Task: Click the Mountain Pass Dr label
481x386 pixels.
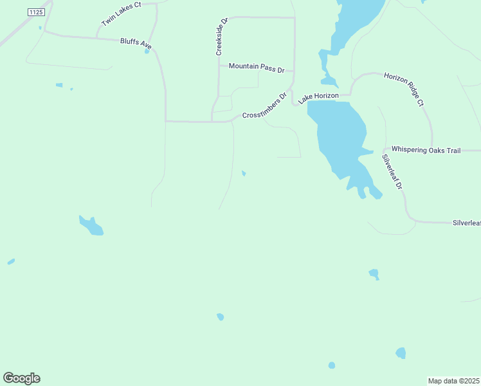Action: tap(257, 66)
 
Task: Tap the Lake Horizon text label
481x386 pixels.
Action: tap(318, 96)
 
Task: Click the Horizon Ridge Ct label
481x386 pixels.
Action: tap(405, 89)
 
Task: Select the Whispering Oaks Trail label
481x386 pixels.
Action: tap(426, 151)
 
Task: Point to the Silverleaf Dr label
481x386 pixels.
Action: tap(391, 171)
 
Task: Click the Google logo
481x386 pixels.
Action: tap(21, 378)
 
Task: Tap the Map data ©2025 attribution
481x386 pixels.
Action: tap(454, 381)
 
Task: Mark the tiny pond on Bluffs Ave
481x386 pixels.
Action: tap(147, 51)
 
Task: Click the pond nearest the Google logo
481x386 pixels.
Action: tap(11, 262)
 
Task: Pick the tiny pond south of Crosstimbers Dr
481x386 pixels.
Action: tap(243, 173)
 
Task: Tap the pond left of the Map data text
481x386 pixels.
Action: tap(401, 353)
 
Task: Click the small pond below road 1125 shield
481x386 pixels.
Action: tap(40, 28)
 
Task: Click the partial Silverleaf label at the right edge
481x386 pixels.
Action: tap(466, 223)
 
